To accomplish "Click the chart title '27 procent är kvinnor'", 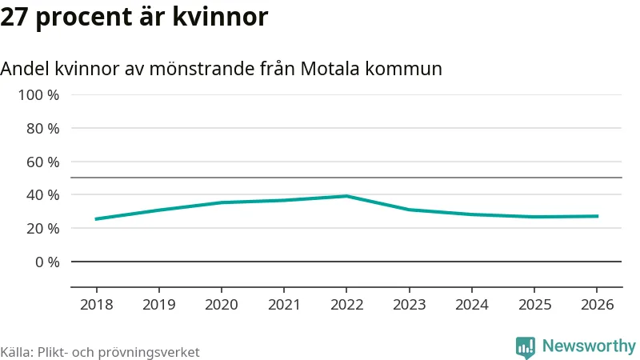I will tap(134, 17).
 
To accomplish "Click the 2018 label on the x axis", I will tap(96, 305).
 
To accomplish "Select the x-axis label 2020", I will tap(222, 305).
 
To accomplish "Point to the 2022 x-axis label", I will tap(346, 305).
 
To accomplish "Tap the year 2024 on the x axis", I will tap(472, 305).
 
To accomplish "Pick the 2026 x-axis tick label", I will tap(597, 305).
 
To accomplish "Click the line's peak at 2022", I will tap(346, 196).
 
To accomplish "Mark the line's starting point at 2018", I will tap(96, 219).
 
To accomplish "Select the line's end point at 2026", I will tap(597, 216).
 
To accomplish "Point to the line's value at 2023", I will tap(409, 210).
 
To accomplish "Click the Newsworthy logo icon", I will tap(526, 346).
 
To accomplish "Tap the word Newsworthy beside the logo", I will tap(589, 346).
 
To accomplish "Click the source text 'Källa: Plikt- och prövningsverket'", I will tap(100, 352).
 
